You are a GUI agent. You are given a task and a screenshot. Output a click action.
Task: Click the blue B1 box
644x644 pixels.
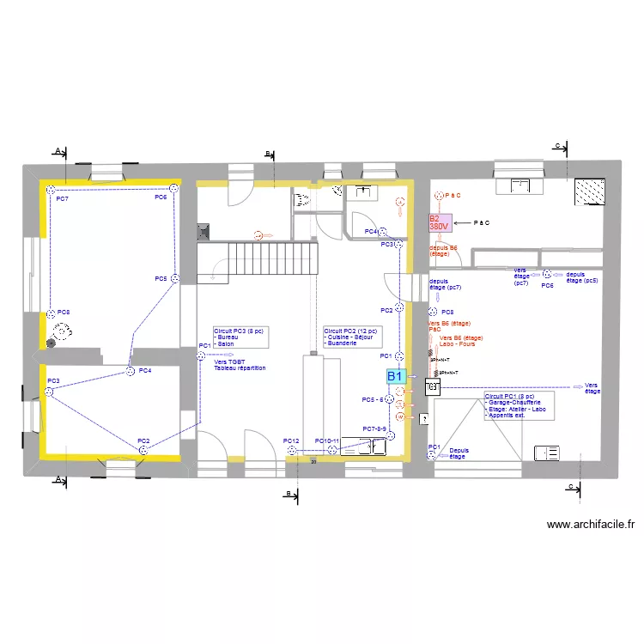pos(395,376)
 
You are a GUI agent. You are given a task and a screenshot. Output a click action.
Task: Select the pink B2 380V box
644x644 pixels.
pos(440,223)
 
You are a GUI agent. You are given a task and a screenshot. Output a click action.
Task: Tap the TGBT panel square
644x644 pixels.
pos(433,387)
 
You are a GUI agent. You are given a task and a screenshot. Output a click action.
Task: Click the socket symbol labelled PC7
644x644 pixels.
pos(52,189)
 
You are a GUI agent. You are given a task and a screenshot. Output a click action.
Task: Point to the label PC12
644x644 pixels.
pos(291,441)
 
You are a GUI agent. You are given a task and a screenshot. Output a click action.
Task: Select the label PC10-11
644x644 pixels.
pos(327,441)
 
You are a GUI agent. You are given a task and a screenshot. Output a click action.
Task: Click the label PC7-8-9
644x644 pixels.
pos(375,428)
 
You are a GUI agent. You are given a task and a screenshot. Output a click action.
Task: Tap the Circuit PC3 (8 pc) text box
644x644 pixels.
pos(241,337)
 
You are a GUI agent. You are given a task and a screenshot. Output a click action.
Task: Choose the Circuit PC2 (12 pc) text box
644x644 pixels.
pos(352,336)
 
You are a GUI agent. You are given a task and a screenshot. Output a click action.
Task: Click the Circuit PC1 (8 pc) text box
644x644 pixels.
pos(519,406)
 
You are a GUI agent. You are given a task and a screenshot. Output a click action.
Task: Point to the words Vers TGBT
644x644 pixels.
pos(229,362)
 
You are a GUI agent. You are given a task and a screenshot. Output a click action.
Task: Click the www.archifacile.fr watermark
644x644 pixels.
pos(590,525)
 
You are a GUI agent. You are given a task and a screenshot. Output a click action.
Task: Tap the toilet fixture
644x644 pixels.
pos(302,200)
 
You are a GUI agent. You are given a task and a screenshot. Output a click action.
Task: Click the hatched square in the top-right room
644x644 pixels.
pos(589,191)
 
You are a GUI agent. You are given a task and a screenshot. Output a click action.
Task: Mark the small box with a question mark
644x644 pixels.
pos(422,420)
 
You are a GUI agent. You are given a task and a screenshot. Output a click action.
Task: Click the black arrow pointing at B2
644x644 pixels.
pos(462,223)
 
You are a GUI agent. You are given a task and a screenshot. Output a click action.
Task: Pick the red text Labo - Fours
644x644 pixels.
pos(457,344)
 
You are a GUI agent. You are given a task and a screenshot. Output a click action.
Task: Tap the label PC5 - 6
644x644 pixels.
pos(373,400)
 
